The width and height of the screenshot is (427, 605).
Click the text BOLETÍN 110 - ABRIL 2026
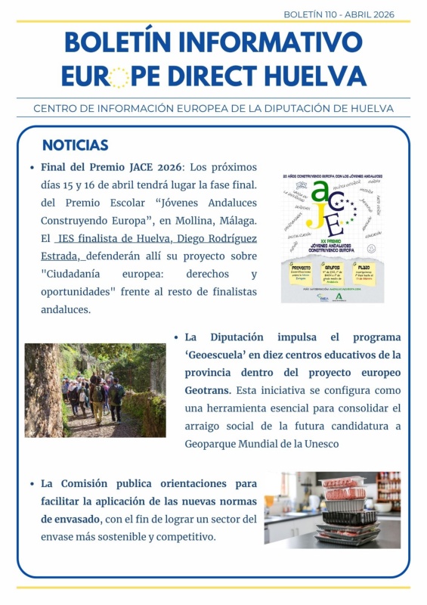(339, 14)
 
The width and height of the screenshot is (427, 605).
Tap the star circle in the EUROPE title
(119, 77)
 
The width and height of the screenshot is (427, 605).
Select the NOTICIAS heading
(76, 145)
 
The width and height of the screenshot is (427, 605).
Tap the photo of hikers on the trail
(95, 390)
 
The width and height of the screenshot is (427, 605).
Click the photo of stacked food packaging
(332, 510)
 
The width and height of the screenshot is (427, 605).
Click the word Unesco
(318, 444)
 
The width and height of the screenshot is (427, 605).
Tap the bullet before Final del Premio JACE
(32, 167)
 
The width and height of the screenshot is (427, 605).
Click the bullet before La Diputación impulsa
(176, 337)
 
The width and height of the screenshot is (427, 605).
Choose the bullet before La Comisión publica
(32, 483)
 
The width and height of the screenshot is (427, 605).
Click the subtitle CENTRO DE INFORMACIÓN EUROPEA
(213, 108)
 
